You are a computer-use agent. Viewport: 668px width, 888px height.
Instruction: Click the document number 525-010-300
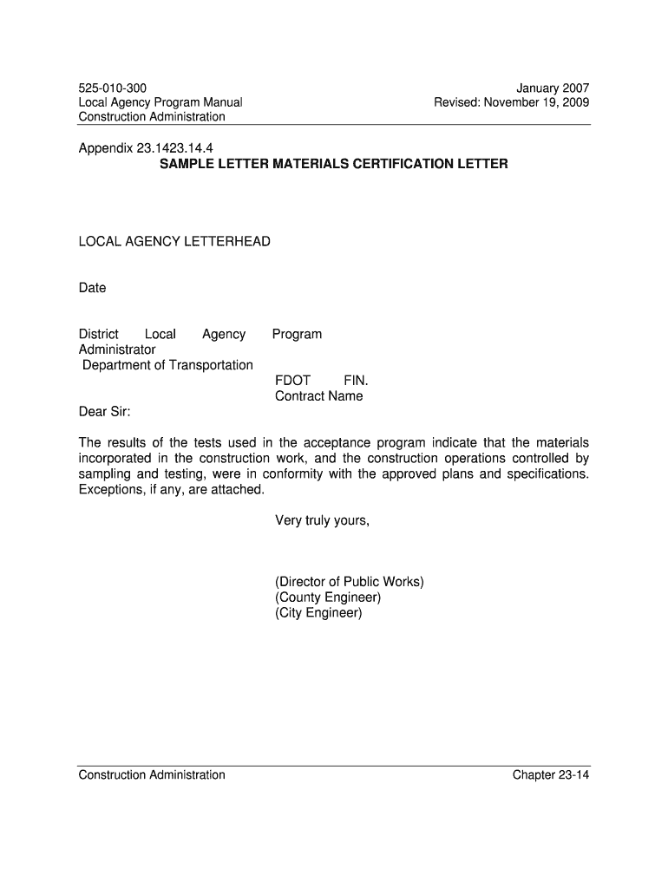click(x=113, y=88)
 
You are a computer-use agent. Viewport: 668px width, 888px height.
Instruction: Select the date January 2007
click(x=553, y=88)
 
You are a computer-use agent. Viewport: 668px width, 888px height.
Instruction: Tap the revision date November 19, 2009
click(x=536, y=102)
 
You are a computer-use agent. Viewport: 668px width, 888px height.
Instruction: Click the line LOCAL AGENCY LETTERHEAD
click(x=174, y=241)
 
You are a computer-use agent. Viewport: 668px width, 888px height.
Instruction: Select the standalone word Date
click(x=92, y=288)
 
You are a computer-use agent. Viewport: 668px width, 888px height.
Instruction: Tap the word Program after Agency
click(x=297, y=334)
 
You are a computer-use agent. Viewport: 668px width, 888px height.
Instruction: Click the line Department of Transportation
click(x=167, y=365)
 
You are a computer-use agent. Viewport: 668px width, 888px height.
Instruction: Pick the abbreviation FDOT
click(x=292, y=381)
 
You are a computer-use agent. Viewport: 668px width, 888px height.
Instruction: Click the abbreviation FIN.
click(x=356, y=381)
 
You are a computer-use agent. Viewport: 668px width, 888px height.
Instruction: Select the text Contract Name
click(x=318, y=396)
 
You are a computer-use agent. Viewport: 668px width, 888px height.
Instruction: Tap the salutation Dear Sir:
click(x=105, y=411)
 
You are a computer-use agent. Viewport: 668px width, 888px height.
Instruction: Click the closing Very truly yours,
click(x=322, y=520)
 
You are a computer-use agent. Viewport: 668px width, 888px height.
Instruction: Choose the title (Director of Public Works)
click(x=349, y=582)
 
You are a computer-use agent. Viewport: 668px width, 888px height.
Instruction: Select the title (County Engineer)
click(x=328, y=597)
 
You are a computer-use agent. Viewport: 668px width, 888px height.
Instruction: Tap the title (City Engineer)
click(x=318, y=613)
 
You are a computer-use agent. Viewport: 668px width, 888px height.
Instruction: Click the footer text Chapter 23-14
click(x=551, y=774)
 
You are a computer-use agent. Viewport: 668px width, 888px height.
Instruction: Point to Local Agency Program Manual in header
click(x=160, y=102)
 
